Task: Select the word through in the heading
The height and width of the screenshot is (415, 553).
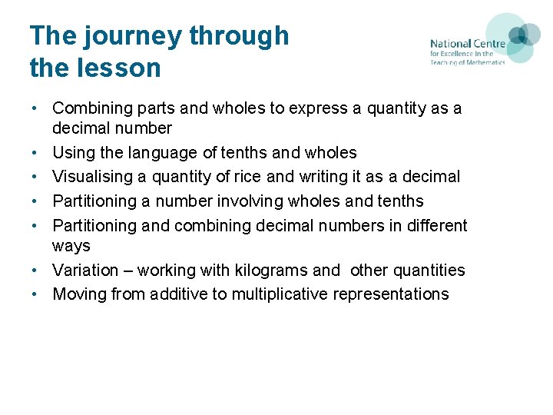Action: (x=239, y=36)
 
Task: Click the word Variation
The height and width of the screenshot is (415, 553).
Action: (x=84, y=271)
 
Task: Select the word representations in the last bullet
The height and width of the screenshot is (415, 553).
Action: (x=394, y=294)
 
